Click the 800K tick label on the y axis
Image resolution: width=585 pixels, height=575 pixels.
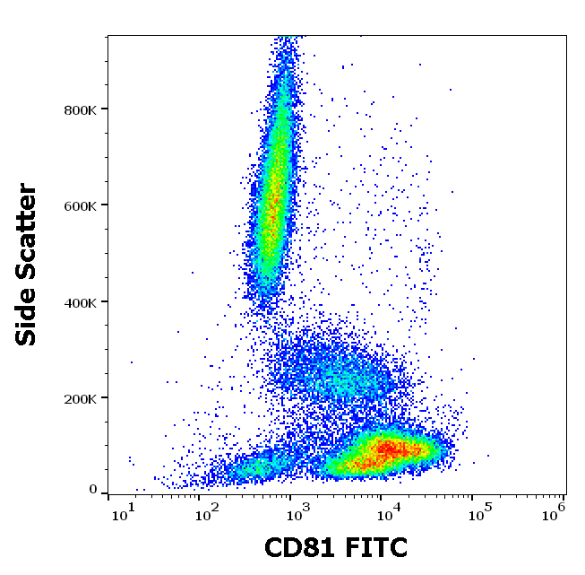(80, 109)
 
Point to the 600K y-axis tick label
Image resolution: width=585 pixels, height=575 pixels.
(80, 205)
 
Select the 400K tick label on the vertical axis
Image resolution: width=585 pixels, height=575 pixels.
(80, 302)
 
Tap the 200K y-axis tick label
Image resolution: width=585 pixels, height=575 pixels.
(80, 398)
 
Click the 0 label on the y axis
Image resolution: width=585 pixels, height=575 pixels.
(92, 490)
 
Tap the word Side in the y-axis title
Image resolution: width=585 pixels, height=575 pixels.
(27, 315)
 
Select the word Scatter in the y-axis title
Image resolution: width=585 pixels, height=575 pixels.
(27, 233)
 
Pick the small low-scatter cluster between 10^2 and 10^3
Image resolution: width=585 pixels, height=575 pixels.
(251, 467)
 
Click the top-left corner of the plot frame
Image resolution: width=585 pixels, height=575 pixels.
(108, 36)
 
